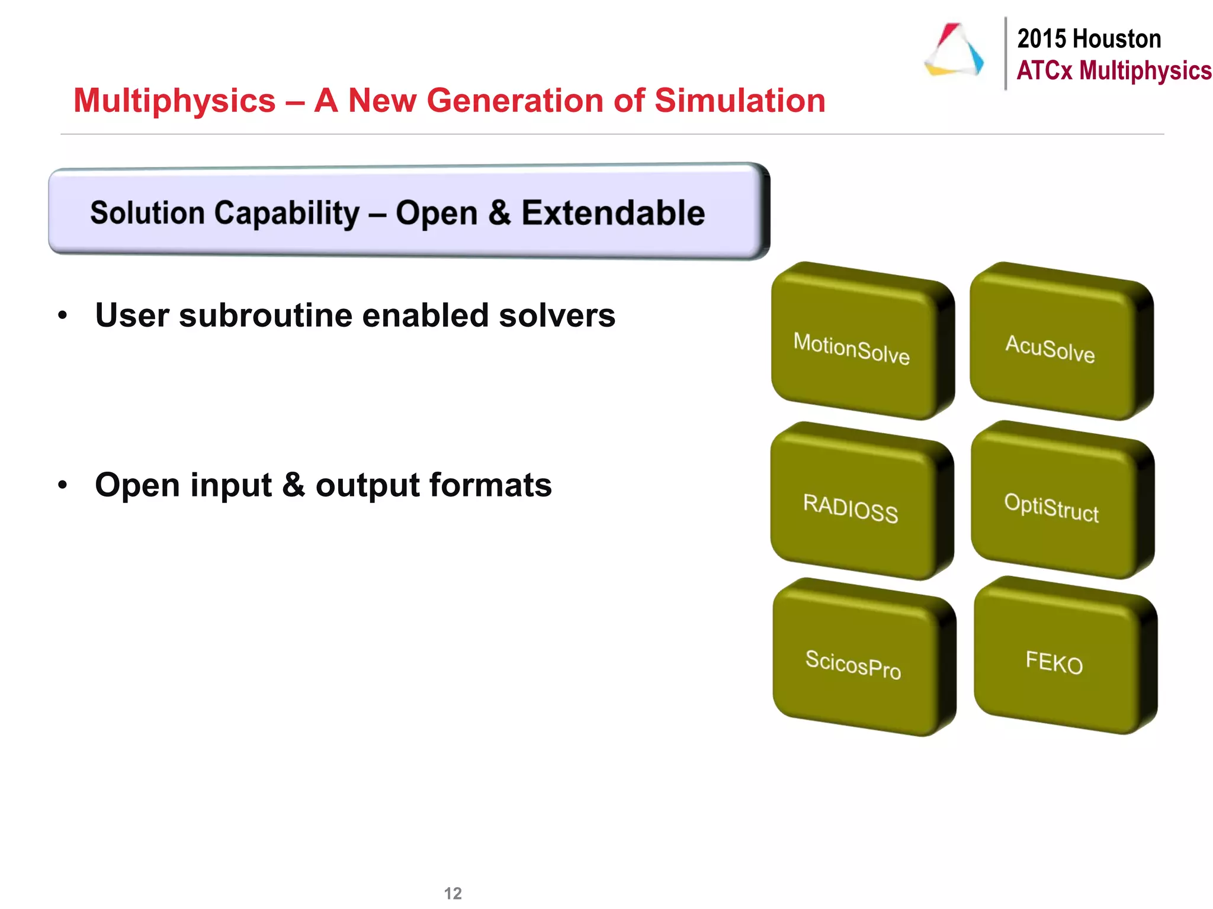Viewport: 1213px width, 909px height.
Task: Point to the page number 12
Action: [x=453, y=893]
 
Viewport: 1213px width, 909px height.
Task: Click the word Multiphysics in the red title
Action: [x=175, y=101]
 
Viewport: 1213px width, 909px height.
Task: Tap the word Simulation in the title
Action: [x=740, y=101]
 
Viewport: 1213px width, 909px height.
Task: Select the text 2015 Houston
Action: [x=1089, y=39]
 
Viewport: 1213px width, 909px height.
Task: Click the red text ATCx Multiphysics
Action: [x=1113, y=70]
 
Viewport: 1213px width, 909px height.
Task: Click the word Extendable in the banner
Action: [x=613, y=213]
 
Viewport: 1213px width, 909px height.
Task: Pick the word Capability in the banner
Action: [x=287, y=213]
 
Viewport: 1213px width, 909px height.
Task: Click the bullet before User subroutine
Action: [x=63, y=315]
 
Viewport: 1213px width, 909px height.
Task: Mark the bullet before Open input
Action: [x=63, y=485]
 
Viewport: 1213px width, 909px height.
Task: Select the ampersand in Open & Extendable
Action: [x=500, y=213]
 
